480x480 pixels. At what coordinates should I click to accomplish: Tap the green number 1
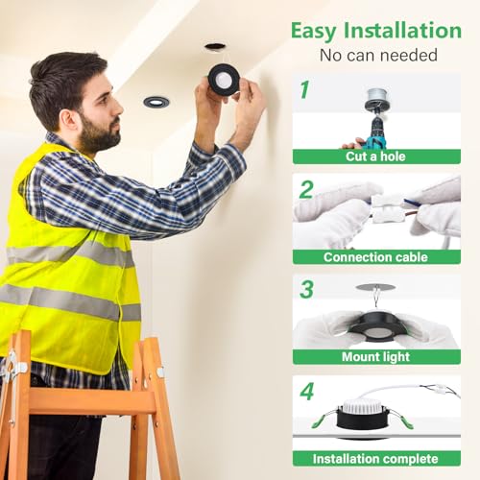304,90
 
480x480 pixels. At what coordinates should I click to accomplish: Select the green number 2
305,189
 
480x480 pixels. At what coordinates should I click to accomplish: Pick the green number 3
306,289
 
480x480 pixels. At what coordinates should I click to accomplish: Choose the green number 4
306,392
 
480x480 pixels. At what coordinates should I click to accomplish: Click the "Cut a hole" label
376,156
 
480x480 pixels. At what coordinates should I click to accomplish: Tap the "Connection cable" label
376,257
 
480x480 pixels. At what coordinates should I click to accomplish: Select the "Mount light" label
376,357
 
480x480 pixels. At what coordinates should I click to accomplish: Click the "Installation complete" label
376,458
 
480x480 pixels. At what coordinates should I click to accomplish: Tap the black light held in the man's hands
224,79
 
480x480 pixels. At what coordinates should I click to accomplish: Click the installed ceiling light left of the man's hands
156,101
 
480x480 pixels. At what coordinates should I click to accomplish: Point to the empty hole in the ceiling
215,45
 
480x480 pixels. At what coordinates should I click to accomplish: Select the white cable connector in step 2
389,208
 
